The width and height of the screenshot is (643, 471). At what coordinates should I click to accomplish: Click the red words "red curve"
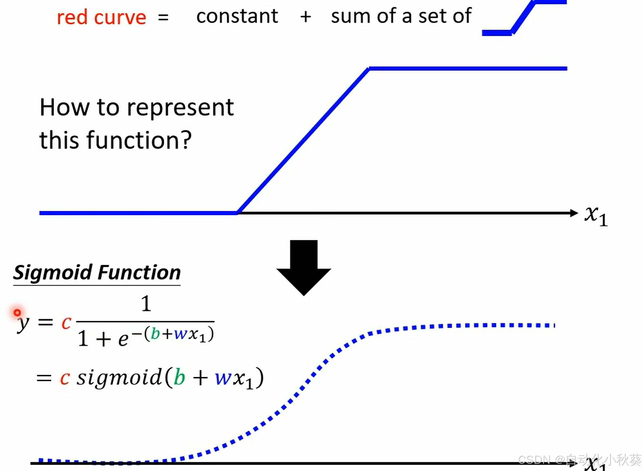(101, 17)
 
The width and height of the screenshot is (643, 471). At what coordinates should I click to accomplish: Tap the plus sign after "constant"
(306, 16)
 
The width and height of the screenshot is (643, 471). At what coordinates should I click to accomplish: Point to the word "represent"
(180, 108)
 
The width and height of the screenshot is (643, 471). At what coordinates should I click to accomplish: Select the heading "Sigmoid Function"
(97, 272)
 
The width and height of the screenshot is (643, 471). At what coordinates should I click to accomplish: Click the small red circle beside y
(17, 312)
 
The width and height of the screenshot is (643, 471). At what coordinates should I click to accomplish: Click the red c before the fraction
(66, 322)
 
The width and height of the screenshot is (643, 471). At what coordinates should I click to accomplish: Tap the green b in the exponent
(155, 334)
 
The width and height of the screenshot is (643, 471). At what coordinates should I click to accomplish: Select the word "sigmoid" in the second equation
(119, 377)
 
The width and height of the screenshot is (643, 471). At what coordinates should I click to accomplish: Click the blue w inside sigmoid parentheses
(223, 378)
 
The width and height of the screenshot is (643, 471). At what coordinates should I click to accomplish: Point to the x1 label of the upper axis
(596, 215)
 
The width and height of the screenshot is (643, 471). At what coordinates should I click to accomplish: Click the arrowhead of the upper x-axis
(574, 213)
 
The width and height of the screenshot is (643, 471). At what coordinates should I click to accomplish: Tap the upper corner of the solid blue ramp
(369, 69)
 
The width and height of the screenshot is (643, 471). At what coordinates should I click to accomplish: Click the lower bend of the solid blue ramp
(237, 213)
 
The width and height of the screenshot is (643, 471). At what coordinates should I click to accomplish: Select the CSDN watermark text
(579, 459)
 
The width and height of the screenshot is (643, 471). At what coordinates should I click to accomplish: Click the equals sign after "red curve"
(163, 17)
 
